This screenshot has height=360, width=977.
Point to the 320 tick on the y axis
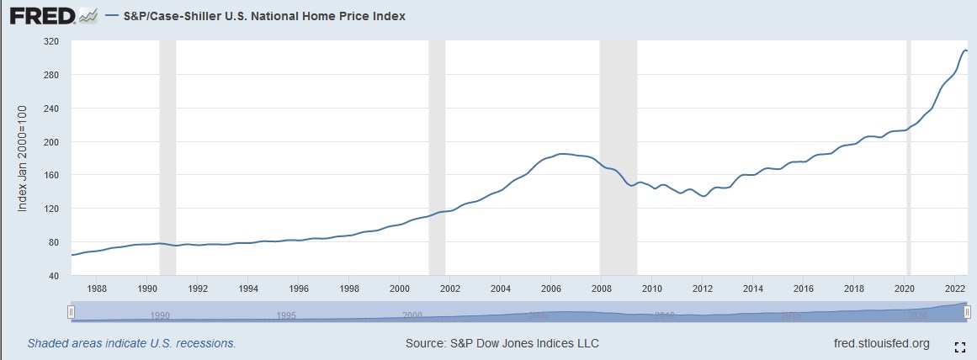click(x=52, y=41)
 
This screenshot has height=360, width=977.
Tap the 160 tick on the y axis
click(x=52, y=175)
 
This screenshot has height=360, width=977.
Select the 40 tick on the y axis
click(x=55, y=275)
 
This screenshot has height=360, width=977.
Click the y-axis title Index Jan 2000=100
click(x=24, y=158)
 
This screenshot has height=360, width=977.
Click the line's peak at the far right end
click(x=964, y=50)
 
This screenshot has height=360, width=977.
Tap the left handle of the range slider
click(x=72, y=312)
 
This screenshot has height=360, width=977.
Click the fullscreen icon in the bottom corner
click(x=959, y=347)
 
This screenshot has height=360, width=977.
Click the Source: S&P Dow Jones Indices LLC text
click(x=502, y=343)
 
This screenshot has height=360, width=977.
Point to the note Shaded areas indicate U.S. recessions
click(x=131, y=343)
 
